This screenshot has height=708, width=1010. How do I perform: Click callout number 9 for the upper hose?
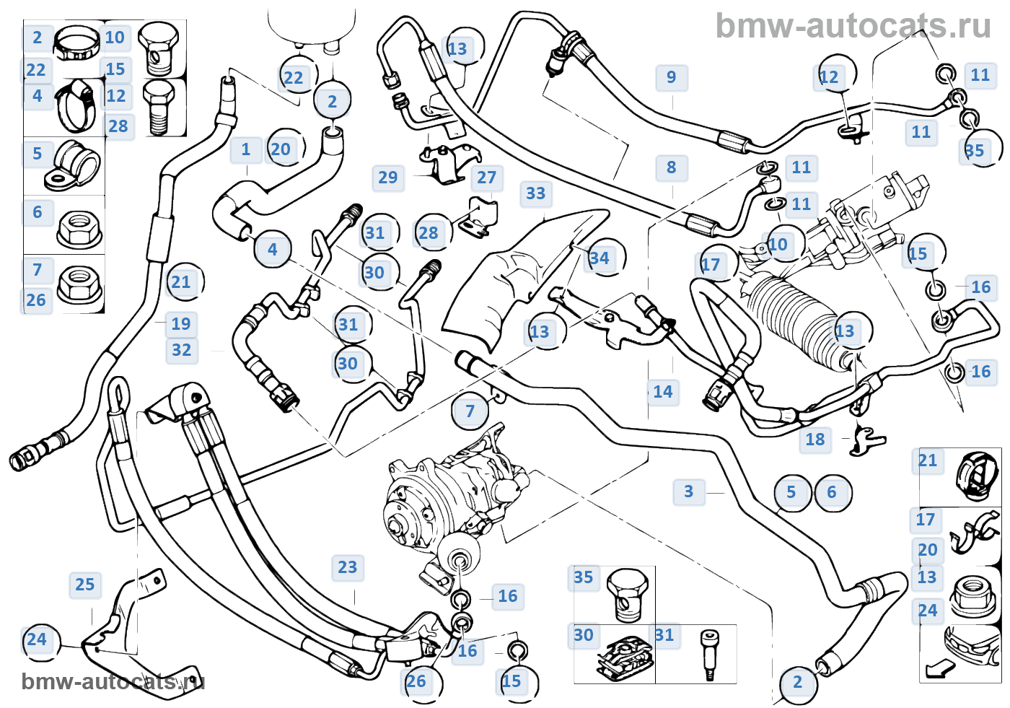click(x=672, y=78)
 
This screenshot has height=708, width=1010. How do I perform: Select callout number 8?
click(x=672, y=168)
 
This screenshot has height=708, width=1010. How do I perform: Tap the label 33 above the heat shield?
click(x=536, y=193)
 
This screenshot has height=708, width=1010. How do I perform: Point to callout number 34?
click(x=600, y=258)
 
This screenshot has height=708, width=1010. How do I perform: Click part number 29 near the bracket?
click(x=388, y=178)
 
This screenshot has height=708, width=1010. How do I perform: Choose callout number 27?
click(x=487, y=178)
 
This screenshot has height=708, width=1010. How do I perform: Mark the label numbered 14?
click(x=663, y=392)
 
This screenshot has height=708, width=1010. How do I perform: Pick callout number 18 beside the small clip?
click(x=815, y=440)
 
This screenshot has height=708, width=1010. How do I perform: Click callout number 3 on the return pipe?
click(x=689, y=491)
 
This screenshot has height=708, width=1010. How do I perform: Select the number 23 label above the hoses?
click(x=348, y=567)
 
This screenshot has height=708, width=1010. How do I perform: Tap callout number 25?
click(x=85, y=585)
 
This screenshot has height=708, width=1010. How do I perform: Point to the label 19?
click(x=181, y=324)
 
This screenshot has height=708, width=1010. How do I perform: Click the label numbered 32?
click(x=182, y=351)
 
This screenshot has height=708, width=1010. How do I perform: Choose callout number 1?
click(x=246, y=149)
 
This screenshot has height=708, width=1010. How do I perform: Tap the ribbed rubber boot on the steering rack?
click(x=794, y=318)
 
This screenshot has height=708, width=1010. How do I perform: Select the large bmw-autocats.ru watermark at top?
click(x=853, y=27)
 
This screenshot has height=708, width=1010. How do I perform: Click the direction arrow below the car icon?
click(x=939, y=669)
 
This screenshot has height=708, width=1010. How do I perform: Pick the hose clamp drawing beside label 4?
click(x=76, y=105)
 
